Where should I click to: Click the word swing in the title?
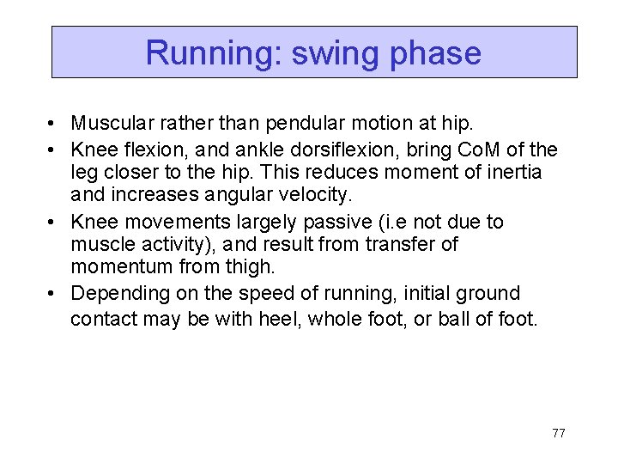[x=336, y=53]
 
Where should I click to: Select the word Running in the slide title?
[x=214, y=53]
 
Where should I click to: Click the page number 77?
[x=558, y=433]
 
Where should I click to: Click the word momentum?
[x=122, y=266]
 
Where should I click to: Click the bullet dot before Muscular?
[x=53, y=125]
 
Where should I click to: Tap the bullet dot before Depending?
[x=53, y=294]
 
